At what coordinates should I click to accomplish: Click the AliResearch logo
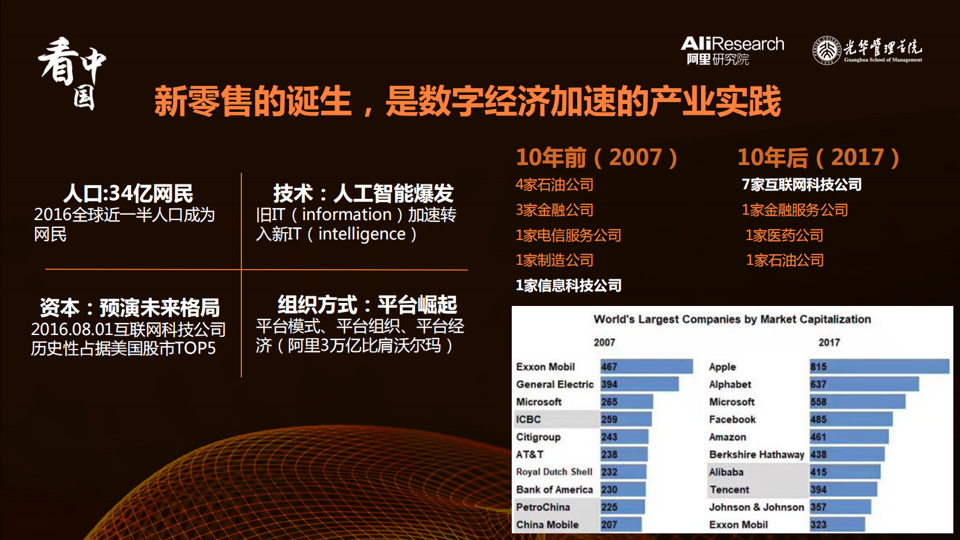coord(732,50)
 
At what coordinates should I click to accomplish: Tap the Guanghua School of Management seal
coord(826,50)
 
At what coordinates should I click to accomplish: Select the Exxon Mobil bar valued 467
coord(646,366)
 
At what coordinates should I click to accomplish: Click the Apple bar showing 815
coord(879,366)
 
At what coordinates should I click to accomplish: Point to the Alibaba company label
coord(726,472)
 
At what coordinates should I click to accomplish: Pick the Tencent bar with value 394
coord(843,490)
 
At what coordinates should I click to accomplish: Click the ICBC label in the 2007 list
coord(528,420)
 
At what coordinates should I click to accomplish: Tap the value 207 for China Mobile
coord(609,525)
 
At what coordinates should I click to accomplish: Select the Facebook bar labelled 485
coord(851,420)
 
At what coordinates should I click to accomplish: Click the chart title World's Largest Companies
coord(732,319)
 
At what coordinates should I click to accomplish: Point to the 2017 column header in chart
coord(829,343)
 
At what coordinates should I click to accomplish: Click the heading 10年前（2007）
coord(596,158)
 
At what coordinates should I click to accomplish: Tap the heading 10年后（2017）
coord(818,158)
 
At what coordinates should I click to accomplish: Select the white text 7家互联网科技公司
coord(802,185)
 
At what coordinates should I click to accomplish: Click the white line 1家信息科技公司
coord(568,285)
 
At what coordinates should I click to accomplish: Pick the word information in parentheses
coord(347,215)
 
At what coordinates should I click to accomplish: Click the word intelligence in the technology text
coord(362,234)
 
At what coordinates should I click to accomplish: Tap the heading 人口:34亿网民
coord(128,194)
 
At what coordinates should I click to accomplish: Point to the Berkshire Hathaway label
coord(756,455)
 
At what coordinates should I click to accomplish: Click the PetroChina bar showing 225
coord(622,507)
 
